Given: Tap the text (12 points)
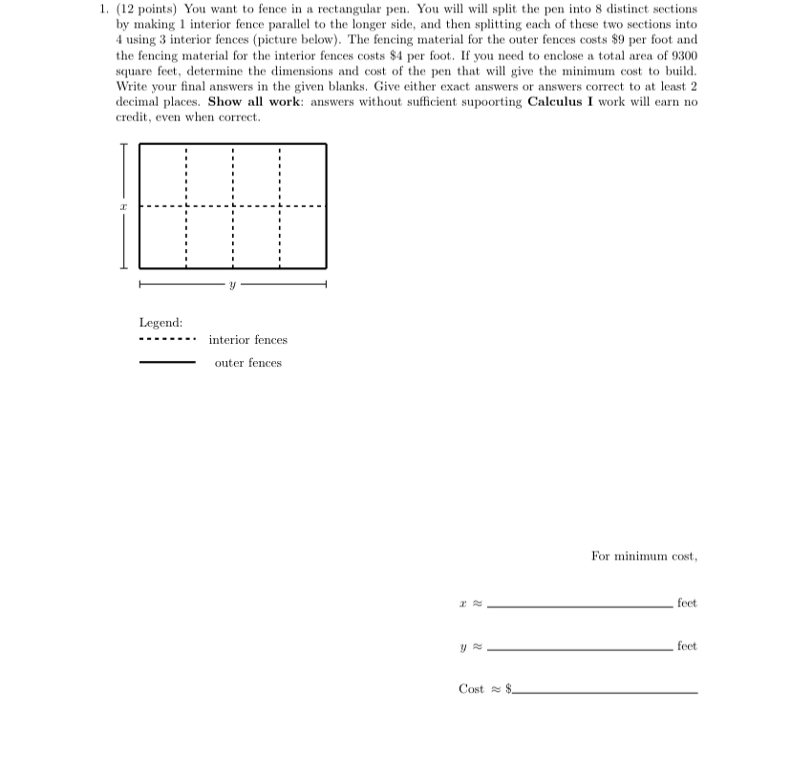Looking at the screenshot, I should click(147, 9).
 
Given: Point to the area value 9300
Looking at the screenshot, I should click(682, 55).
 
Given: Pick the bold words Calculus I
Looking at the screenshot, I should click(567, 101).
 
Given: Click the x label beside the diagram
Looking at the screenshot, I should click(122, 205).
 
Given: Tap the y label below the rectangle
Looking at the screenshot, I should click(232, 285).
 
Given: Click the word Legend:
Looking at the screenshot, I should click(160, 323).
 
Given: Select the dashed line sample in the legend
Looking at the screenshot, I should click(167, 340).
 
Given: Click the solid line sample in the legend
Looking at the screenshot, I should click(167, 363).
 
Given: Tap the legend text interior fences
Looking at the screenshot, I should click(247, 340).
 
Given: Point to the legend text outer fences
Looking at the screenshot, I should click(247, 363).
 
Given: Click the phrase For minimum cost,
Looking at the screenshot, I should click(643, 556).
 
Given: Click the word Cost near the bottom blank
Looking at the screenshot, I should click(471, 689).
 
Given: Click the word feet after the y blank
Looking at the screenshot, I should click(686, 646).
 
